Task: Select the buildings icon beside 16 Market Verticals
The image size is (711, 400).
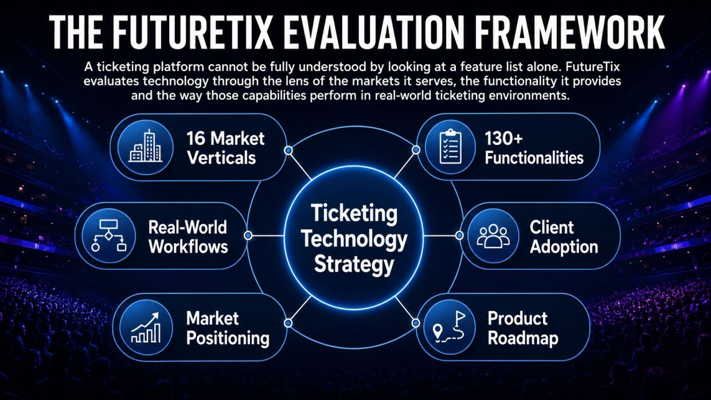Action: tap(146, 146)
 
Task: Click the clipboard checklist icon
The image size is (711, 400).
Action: tap(451, 147)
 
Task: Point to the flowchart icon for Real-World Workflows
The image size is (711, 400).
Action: tap(108, 236)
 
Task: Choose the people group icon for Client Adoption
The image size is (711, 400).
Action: tap(493, 236)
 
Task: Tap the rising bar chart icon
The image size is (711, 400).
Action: tap(146, 328)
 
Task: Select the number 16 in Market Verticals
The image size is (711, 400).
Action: tap(196, 138)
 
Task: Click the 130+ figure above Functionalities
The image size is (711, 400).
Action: tap(503, 139)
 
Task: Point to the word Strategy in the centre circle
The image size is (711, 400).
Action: tap(354, 264)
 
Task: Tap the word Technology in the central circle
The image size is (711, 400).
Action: tap(354, 239)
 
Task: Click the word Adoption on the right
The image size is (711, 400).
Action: tap(564, 247)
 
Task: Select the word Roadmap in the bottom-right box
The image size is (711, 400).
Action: tap(523, 338)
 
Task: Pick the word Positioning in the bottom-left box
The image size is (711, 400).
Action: tap(228, 338)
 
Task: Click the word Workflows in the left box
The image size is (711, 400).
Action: tap(188, 246)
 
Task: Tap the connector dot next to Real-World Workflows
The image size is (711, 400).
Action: tap(248, 236)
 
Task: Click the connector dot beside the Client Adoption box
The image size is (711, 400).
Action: tap(459, 236)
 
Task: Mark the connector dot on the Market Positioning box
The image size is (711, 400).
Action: tap(288, 323)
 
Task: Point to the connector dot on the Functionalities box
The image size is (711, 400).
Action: tap(416, 150)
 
